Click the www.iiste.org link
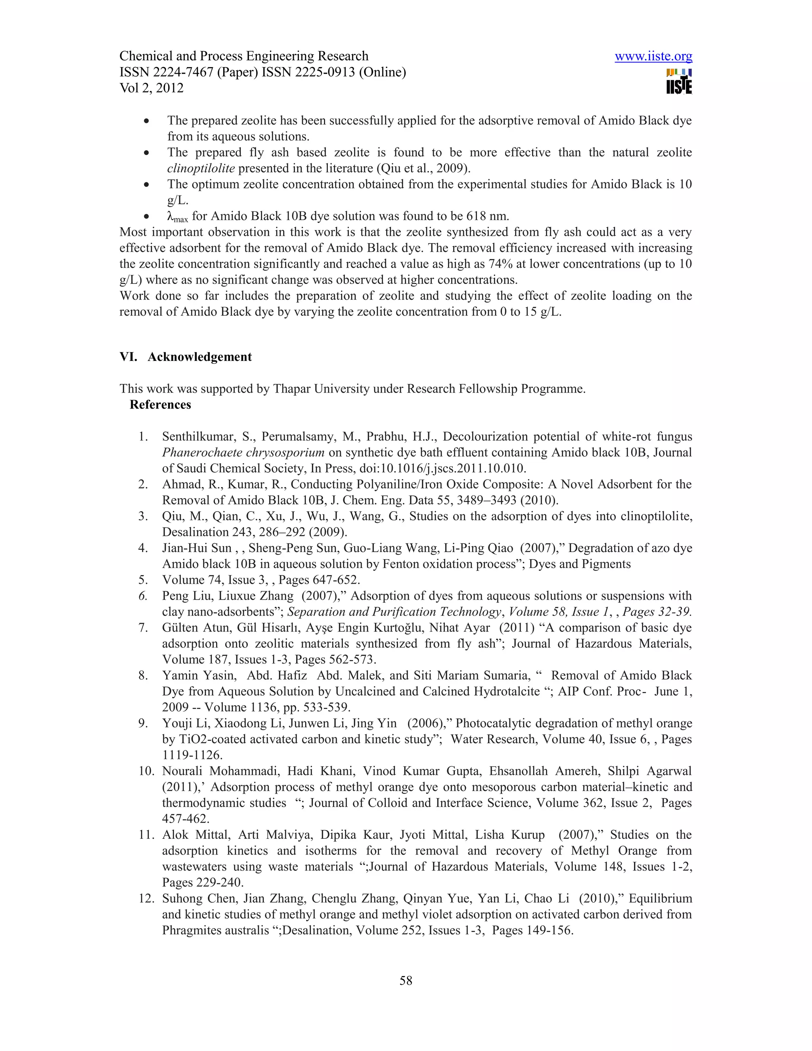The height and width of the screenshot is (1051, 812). (653, 56)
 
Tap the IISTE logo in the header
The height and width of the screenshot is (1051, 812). (679, 82)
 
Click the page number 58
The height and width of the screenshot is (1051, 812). (406, 980)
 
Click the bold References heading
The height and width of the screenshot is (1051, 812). (160, 404)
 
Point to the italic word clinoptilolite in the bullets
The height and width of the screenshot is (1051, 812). (201, 169)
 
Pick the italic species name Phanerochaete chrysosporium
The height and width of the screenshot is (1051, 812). (243, 453)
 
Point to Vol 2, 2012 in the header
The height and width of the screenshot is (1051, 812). (151, 88)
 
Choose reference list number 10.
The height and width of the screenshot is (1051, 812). (146, 771)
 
